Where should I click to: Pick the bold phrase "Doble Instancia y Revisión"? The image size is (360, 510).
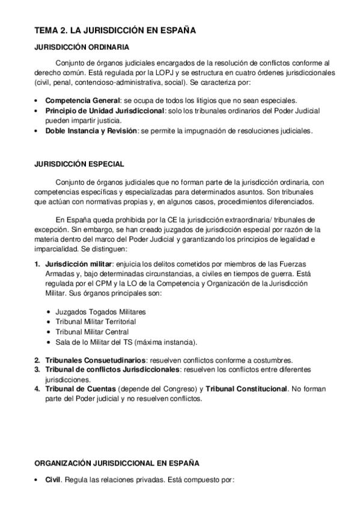[x=91, y=131]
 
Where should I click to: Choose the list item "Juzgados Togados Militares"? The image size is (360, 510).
[x=100, y=312]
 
